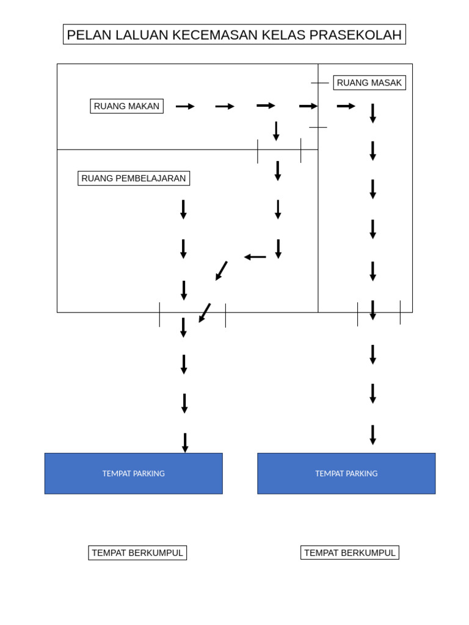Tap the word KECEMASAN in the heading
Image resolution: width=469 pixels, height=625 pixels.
215,35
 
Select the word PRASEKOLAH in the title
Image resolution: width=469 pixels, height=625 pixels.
355,35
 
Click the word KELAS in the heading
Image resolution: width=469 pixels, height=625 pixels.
283,35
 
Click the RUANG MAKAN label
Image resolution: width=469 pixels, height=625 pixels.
127,106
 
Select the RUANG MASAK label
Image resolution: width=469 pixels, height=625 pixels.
369,83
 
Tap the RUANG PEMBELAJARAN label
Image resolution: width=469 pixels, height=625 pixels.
134,178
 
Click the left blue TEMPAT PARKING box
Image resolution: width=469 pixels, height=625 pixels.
134,474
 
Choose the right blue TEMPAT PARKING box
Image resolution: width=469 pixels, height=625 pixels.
346,474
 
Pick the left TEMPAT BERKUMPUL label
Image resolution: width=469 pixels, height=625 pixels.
137,553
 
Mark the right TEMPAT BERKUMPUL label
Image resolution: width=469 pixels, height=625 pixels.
350,553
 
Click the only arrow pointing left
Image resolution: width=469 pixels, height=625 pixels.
255,257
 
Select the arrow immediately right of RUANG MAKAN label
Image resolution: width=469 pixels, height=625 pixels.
185,106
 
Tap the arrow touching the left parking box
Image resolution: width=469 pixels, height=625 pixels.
185,443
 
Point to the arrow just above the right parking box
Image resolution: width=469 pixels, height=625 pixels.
373,435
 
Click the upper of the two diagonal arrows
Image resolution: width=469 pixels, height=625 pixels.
221,271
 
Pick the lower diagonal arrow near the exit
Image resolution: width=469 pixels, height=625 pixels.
205,313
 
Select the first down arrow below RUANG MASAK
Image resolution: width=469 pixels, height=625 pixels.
373,114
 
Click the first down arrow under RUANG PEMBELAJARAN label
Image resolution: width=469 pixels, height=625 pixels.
183,210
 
